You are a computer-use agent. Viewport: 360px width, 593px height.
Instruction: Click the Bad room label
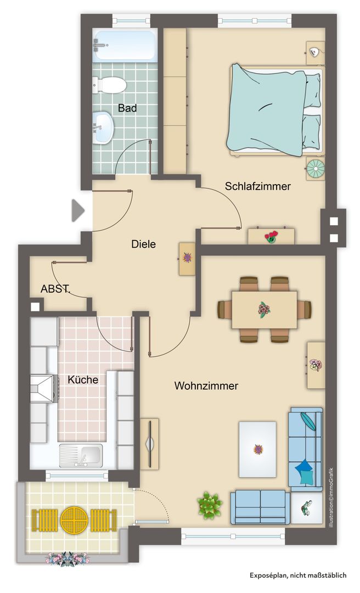127,108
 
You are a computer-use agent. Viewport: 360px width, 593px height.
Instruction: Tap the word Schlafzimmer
258,186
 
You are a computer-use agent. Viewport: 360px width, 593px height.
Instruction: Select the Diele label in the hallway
143,244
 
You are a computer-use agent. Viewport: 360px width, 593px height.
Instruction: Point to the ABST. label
55,289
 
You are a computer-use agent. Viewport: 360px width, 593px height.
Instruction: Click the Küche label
83,379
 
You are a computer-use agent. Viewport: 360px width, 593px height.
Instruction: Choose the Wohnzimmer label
206,386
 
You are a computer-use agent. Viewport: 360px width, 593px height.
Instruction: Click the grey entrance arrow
78,210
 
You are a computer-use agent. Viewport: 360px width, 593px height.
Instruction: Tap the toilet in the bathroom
110,85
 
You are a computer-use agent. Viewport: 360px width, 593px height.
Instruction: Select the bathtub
125,45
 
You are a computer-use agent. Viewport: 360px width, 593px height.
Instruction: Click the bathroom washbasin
103,127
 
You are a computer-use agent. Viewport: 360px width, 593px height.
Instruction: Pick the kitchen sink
81,455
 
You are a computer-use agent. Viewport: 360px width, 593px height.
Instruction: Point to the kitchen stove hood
44,388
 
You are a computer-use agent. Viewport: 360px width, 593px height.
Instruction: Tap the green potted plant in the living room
209,505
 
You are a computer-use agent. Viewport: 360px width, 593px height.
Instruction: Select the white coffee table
257,449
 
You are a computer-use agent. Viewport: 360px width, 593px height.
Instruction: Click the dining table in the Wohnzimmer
265,309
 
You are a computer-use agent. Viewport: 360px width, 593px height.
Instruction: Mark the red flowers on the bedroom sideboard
271,237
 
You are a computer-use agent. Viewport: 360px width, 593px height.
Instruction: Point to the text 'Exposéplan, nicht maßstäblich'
297,575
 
